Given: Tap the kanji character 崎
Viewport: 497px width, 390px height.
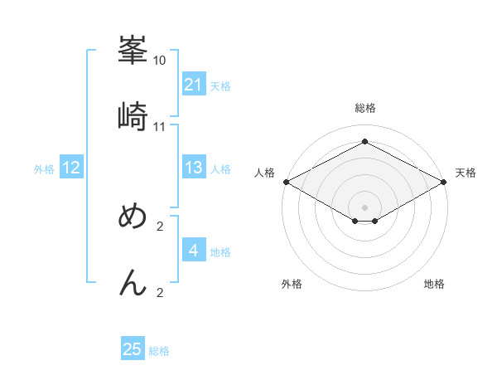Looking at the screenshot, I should [133, 116].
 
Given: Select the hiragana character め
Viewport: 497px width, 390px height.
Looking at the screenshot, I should [133, 217].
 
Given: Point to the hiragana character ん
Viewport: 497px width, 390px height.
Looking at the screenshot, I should [133, 283].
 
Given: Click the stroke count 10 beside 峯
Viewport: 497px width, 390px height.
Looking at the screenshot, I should [160, 61].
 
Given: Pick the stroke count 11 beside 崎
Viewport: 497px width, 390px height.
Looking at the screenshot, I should [160, 127].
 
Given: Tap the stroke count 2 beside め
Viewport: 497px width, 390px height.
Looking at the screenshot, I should [160, 227].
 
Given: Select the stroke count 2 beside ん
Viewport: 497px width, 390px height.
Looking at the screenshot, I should [160, 293].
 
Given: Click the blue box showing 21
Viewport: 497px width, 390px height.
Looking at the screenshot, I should [194, 84].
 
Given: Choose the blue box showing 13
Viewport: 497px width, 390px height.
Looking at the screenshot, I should [194, 168].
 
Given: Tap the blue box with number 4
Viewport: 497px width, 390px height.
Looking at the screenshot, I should [194, 250].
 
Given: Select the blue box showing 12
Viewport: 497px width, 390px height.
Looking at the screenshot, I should [70, 168].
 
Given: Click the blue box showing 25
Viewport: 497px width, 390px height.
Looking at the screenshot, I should [133, 349].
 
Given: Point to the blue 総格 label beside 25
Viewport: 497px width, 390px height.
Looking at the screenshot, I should [159, 351].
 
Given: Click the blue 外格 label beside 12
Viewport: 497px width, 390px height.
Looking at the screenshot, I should [44, 169].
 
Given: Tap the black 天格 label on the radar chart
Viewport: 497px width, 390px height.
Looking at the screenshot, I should [466, 173].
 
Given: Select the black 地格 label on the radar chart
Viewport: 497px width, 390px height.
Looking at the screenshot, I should [434, 284].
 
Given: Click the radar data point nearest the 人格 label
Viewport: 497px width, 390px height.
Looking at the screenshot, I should [286, 182].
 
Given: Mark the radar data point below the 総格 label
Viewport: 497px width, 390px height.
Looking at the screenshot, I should [365, 142].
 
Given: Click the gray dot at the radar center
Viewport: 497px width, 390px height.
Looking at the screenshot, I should [365, 207].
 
